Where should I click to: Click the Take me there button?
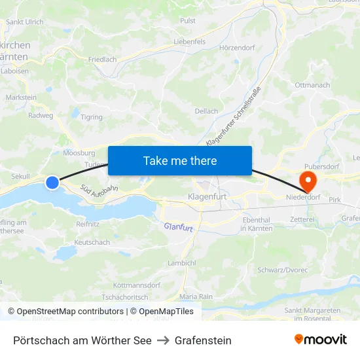click(x=179, y=160)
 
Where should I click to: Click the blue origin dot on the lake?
click(x=52, y=183)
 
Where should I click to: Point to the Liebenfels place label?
click(x=190, y=42)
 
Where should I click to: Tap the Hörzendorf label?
click(x=236, y=48)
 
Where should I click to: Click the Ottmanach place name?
click(x=312, y=85)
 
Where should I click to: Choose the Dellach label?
click(x=206, y=111)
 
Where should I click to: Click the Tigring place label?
click(x=91, y=118)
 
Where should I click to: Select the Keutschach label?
click(x=92, y=242)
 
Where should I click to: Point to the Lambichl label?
click(x=181, y=262)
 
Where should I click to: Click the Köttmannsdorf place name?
click(x=137, y=285)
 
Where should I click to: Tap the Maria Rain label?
click(x=196, y=297)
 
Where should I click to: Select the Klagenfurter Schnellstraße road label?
click(x=234, y=117)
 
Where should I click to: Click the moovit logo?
click(x=321, y=340)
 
